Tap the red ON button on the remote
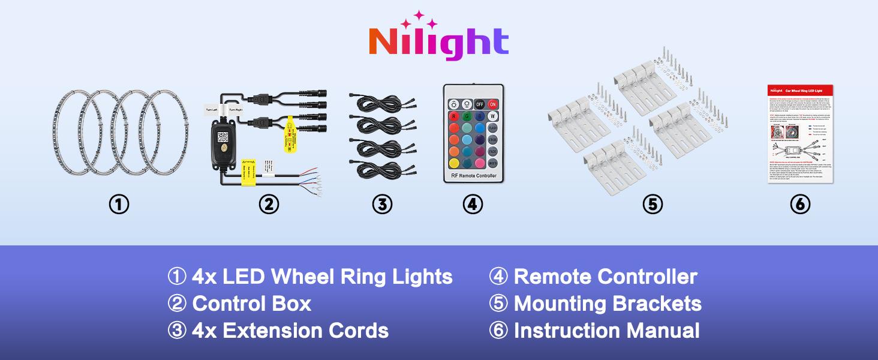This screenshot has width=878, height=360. tap(493, 103)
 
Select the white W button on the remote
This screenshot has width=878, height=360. tap(493, 116)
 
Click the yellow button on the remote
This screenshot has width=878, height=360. tap(454, 163)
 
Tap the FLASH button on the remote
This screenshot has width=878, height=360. tap(493, 128)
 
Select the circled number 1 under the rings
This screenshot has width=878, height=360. tap(119, 205)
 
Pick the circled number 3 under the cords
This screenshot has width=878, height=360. tap(381, 205)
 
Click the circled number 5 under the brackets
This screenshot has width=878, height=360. tap(653, 205)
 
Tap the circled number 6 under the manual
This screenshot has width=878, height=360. tap(800, 205)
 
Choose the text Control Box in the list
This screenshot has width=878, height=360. tap(251, 304)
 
